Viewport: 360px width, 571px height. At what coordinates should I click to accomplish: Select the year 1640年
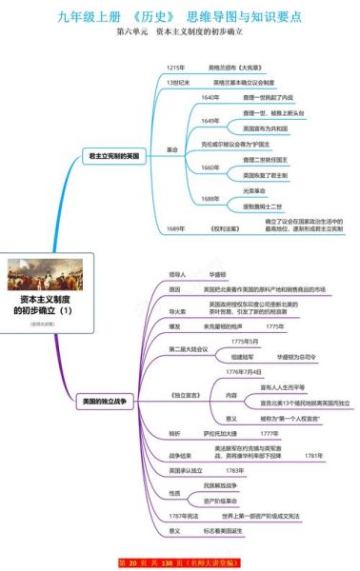211,97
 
